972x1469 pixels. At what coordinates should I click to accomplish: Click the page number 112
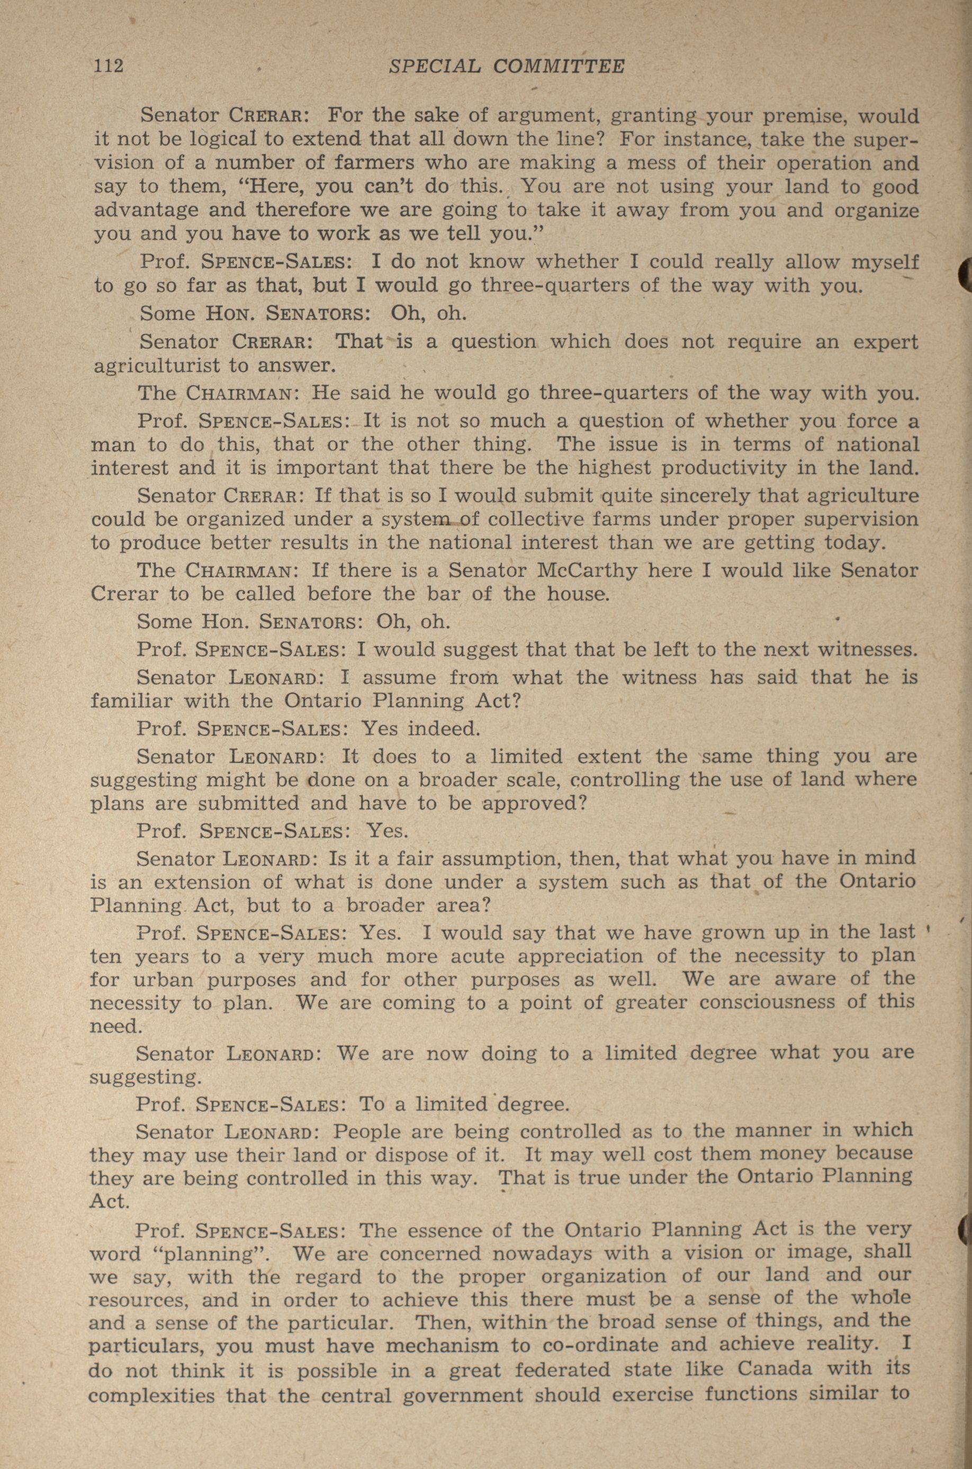point(109,66)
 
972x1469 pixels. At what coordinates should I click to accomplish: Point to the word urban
point(163,980)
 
